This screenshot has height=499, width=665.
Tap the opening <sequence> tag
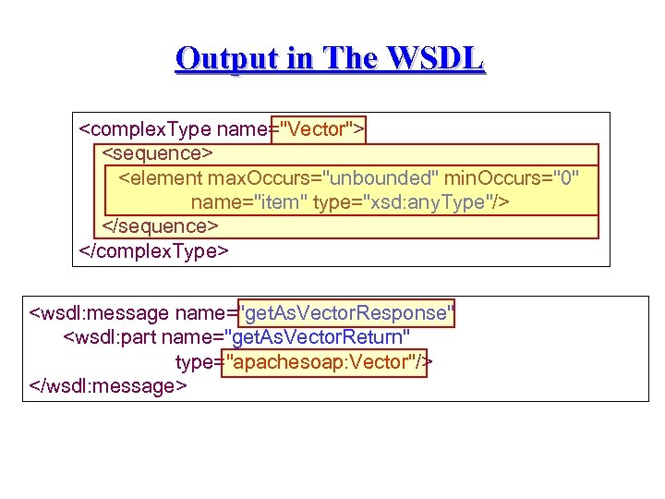click(x=157, y=152)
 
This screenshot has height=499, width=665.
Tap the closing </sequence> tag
click(x=160, y=225)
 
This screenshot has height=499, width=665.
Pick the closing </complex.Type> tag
click(x=154, y=250)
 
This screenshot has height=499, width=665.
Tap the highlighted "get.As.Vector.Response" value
click(x=347, y=313)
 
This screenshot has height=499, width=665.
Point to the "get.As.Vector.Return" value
click(x=323, y=337)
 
